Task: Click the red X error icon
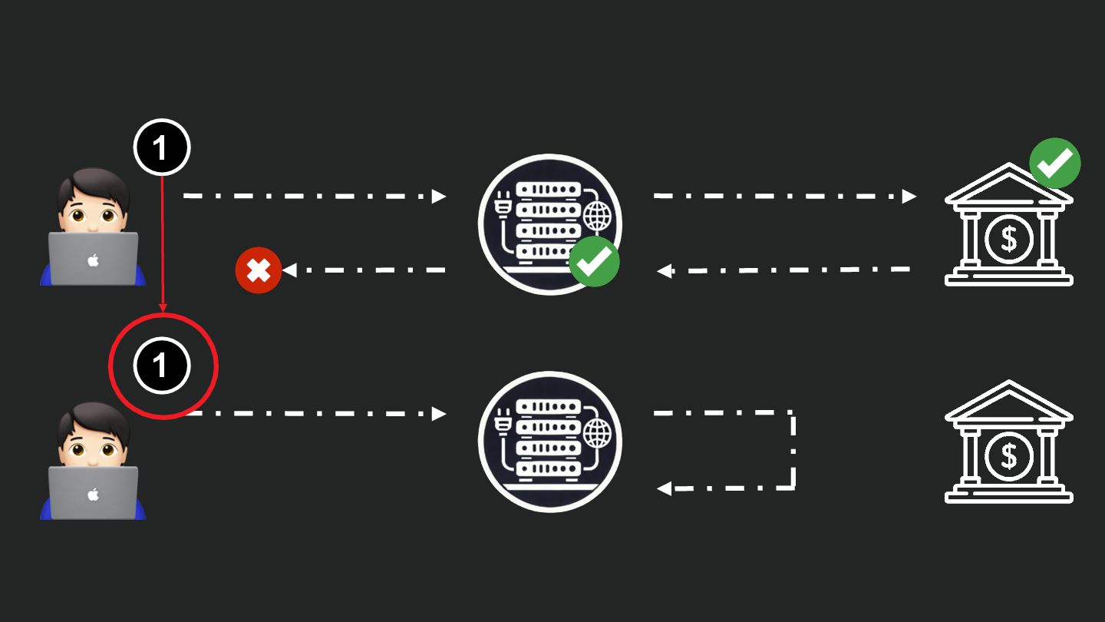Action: pos(259,270)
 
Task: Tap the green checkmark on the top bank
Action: pos(1054,163)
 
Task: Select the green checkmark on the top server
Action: pos(594,262)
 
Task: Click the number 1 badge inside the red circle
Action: pos(161,366)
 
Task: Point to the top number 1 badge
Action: pos(161,147)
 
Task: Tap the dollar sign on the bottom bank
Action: pos(1008,456)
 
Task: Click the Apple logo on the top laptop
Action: pos(93,260)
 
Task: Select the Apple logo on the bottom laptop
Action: pos(93,495)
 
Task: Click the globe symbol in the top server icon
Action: pos(597,217)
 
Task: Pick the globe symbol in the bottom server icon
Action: pos(597,435)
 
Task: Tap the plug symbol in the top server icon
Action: pos(505,206)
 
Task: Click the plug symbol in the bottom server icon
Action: pos(505,423)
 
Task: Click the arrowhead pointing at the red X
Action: pos(289,270)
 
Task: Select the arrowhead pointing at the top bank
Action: pos(909,196)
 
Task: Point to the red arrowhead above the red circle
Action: pos(163,308)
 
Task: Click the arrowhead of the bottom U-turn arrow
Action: pos(665,488)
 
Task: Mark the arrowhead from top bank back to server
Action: pos(665,270)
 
